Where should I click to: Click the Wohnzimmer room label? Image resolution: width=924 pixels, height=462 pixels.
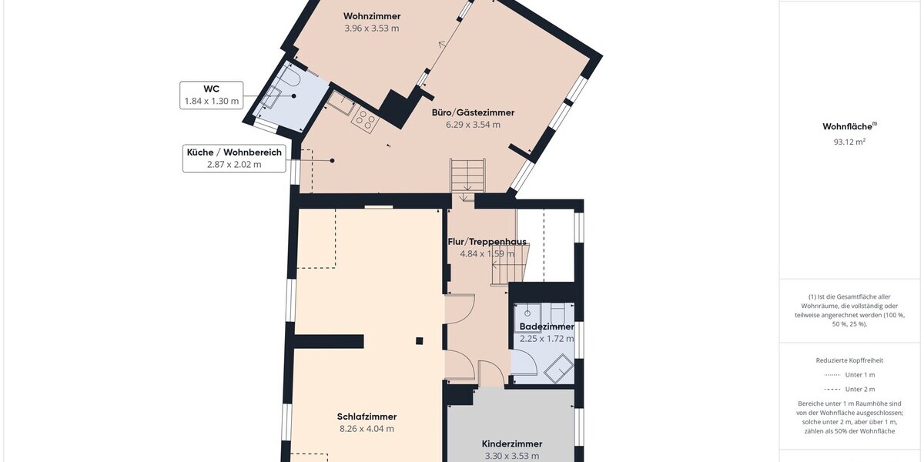coord(372,16)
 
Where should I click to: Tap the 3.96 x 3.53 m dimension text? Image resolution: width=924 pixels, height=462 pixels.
coord(372,28)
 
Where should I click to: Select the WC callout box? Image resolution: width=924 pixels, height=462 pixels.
coord(211,95)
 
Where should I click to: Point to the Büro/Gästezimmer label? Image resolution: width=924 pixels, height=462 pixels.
coord(473,112)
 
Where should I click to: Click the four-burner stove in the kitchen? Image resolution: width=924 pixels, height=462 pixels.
coord(365,120)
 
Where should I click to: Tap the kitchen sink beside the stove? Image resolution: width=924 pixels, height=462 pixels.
coord(340,102)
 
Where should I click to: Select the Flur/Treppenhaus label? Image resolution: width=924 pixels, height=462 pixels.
coord(487,242)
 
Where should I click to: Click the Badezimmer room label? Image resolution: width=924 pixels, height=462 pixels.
coord(547,326)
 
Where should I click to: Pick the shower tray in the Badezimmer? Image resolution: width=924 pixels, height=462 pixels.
coord(558,368)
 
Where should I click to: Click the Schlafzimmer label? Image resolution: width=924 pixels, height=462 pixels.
coord(367,417)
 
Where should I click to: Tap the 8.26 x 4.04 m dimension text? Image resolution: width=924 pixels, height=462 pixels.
coord(367,429)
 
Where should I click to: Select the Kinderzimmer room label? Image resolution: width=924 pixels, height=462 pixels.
coord(512,444)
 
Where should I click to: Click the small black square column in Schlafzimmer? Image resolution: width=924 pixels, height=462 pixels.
coord(419,340)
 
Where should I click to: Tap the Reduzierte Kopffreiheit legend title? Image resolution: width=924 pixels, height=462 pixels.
coord(849,360)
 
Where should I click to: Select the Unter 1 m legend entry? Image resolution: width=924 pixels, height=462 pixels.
coord(849,375)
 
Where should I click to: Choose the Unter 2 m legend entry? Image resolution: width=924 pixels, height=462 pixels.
coord(849,390)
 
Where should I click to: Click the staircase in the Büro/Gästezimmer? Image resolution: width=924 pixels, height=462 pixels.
coord(467,178)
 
